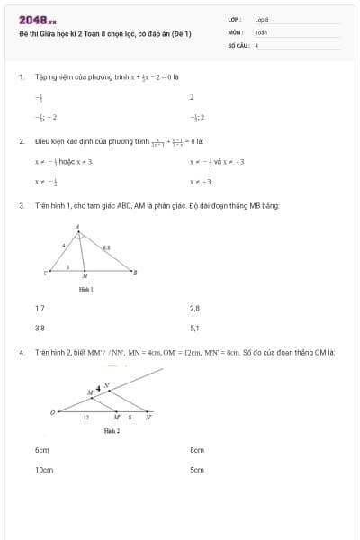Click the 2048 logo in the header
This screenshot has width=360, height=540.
click(x=37, y=20)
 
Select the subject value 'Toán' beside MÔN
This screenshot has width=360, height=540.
click(x=261, y=31)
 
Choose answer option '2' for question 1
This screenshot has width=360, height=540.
click(x=193, y=97)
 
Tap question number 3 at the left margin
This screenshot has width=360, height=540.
click(x=21, y=205)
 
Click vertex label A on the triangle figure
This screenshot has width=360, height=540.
click(x=77, y=227)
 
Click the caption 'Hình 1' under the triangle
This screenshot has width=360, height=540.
click(x=85, y=289)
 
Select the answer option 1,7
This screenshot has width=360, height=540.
click(x=40, y=308)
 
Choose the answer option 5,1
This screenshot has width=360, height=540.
click(x=195, y=328)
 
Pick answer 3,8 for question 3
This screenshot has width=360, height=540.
click(x=40, y=328)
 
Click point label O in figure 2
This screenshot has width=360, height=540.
click(x=52, y=413)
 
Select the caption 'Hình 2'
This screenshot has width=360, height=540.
click(x=112, y=431)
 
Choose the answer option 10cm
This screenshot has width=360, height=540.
click(x=44, y=470)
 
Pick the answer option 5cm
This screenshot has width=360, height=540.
click(x=197, y=470)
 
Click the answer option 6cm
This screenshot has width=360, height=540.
click(x=41, y=449)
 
